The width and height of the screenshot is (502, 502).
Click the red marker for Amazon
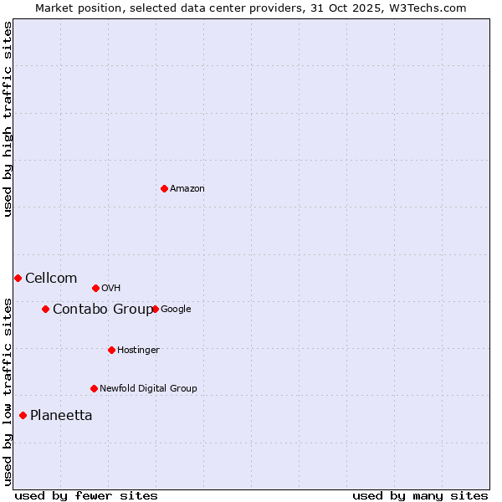(x=164, y=188)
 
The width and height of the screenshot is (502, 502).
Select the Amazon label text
(x=187, y=189)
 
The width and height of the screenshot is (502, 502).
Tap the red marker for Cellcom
(x=18, y=278)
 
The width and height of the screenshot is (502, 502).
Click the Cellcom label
(x=51, y=279)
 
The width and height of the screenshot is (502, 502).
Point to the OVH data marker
(x=95, y=288)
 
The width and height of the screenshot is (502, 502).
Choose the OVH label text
(x=111, y=289)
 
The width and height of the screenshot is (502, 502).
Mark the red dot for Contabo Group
(x=45, y=309)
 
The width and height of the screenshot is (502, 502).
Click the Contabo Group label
(x=103, y=310)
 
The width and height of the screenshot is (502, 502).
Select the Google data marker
(x=155, y=309)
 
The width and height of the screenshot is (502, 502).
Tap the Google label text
(x=176, y=310)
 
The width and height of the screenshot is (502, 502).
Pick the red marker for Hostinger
(x=111, y=350)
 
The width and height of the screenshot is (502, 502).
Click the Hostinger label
(x=138, y=351)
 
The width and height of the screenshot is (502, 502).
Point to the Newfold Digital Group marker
(x=94, y=388)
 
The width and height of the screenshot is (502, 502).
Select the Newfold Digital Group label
(x=148, y=389)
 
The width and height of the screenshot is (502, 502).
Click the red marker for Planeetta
(x=23, y=415)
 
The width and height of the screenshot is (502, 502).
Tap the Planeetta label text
(x=61, y=416)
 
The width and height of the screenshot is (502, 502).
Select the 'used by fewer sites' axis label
(x=86, y=495)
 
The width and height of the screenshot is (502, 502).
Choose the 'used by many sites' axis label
(x=420, y=495)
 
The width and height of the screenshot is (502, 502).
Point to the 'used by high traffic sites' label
(x=8, y=120)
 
